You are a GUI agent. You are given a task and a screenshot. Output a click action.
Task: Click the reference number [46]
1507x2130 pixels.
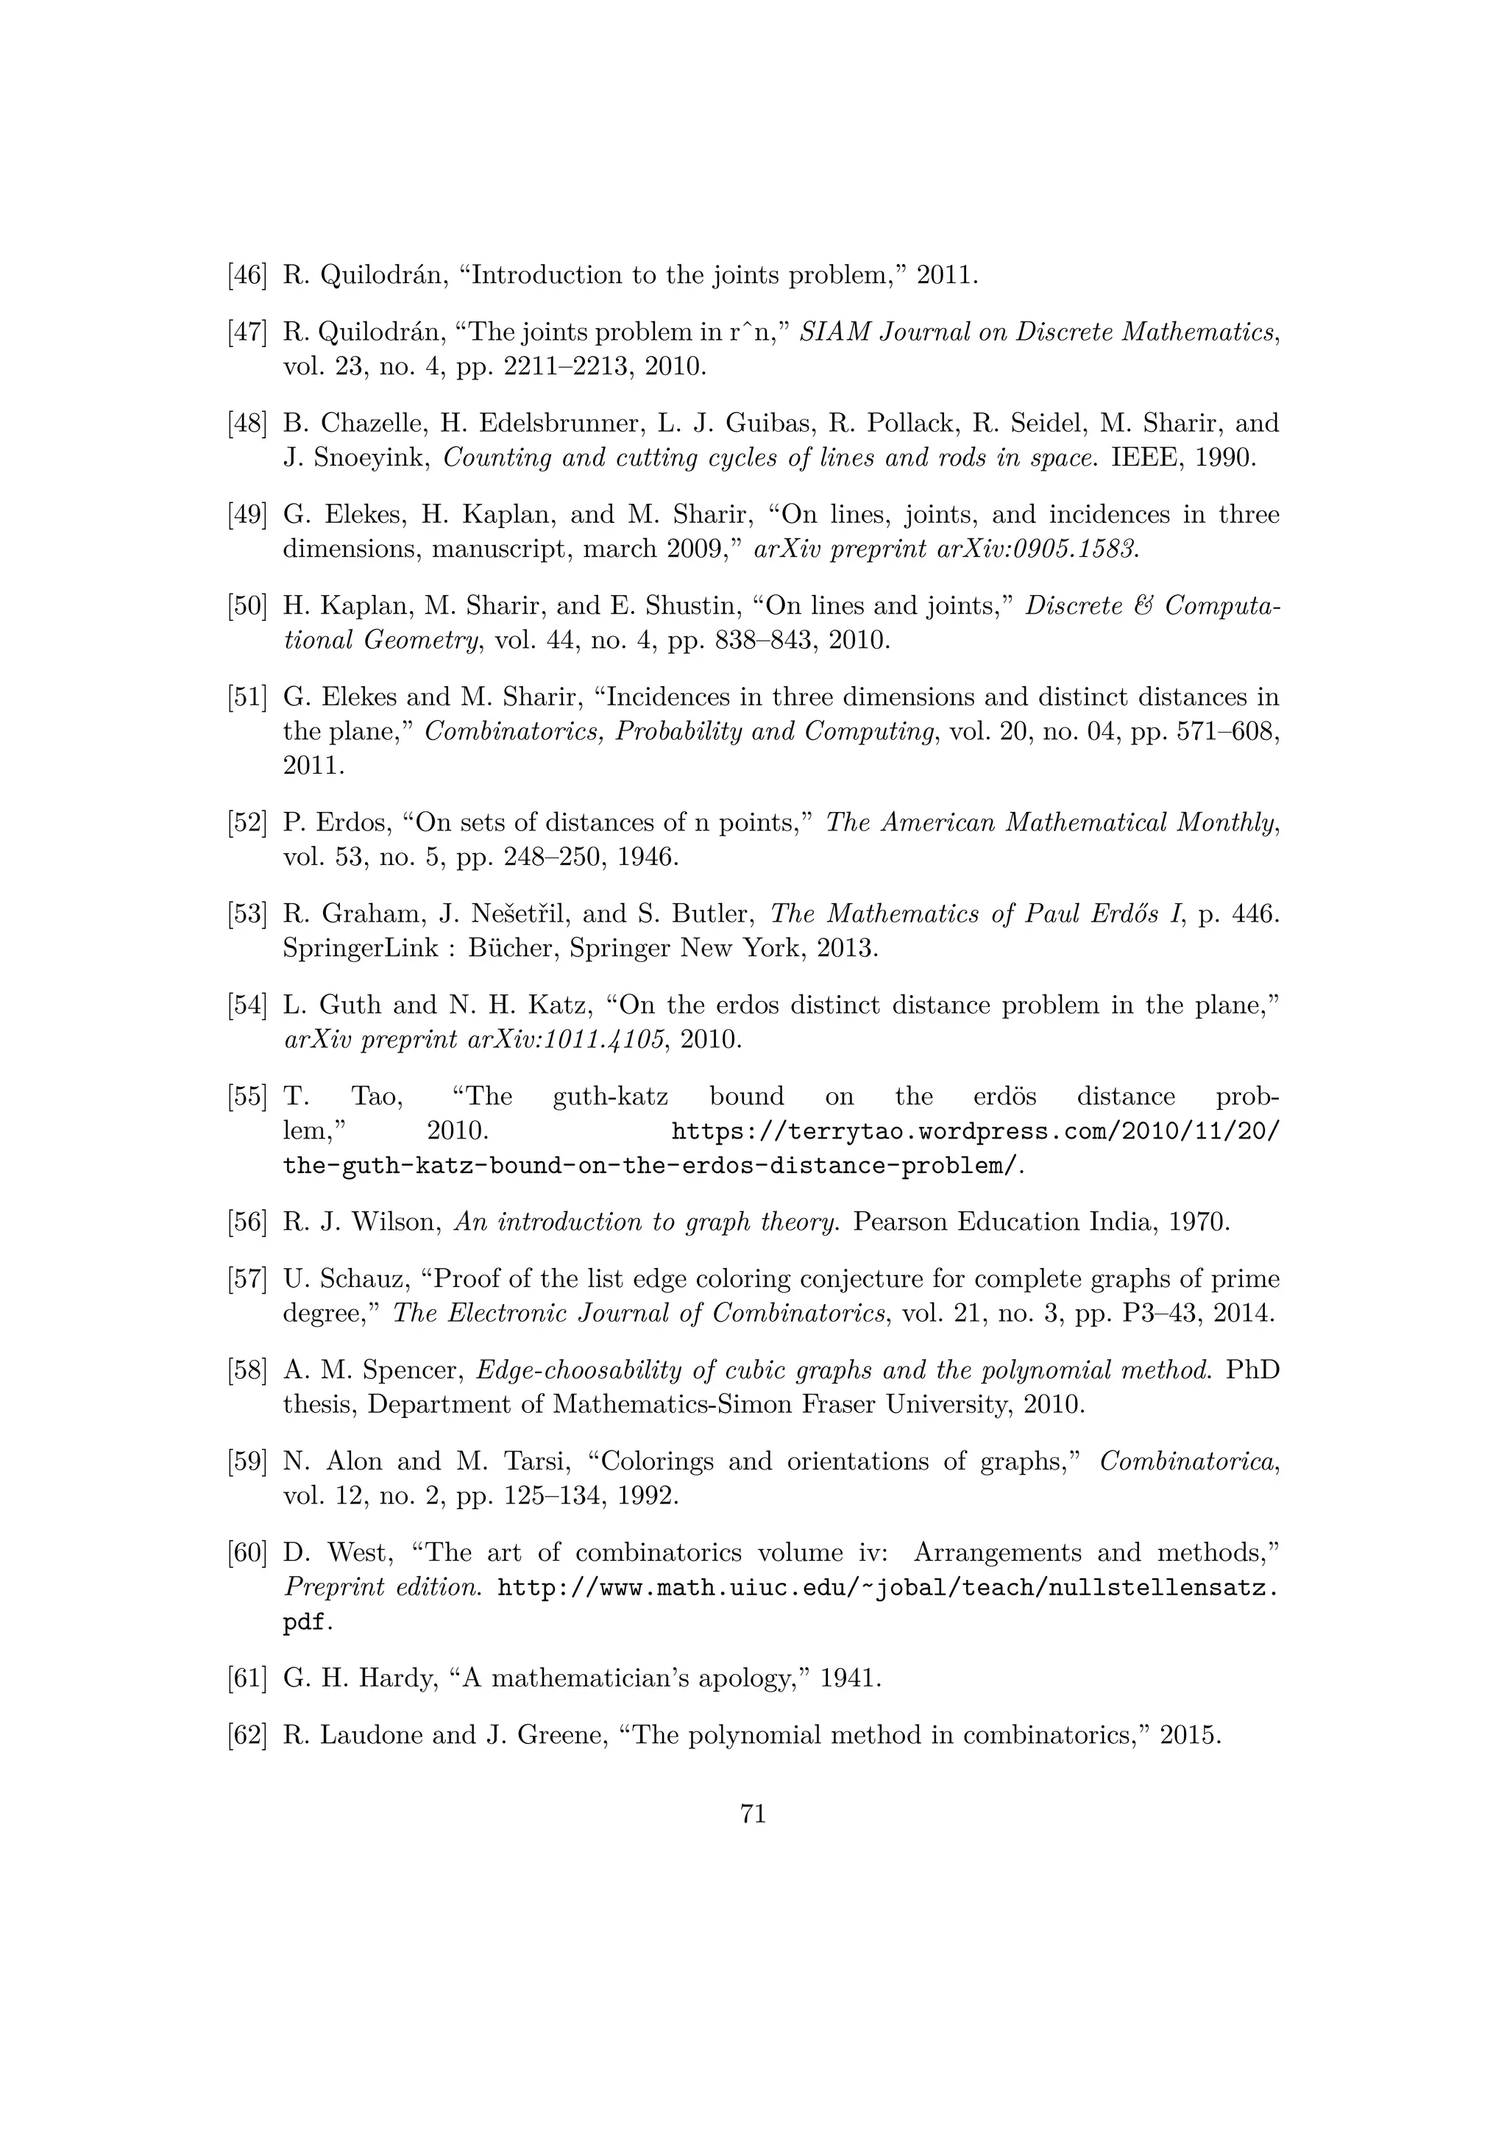[x=247, y=276]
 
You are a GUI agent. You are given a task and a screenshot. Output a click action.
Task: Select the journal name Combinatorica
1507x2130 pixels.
[x=1188, y=1461]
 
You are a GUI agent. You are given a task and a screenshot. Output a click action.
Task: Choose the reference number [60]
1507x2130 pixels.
[x=247, y=1553]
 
